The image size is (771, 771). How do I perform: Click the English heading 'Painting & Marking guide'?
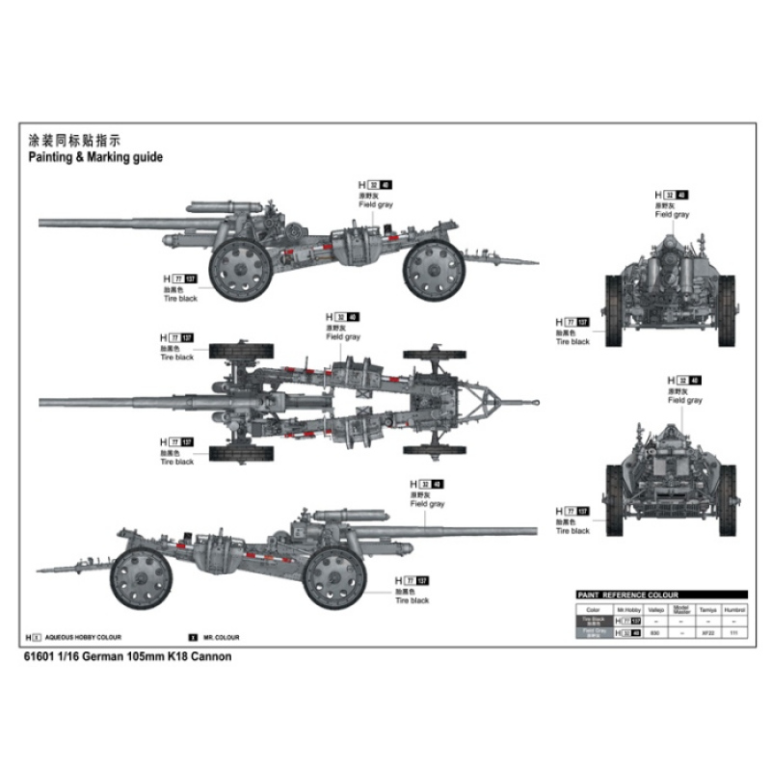pos(94,157)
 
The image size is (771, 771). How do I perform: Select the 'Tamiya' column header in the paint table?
pos(708,609)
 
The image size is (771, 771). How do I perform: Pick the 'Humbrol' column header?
pos(735,609)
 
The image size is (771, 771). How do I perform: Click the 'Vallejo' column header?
pos(656,609)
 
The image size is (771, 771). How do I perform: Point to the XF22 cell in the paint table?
pos(708,633)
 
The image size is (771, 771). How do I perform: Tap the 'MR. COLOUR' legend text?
pos(221,638)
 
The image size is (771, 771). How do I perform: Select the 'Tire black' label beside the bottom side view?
pos(412,600)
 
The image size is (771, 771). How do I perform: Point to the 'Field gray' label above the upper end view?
pos(672,215)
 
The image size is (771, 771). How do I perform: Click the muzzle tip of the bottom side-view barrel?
pos(535,530)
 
